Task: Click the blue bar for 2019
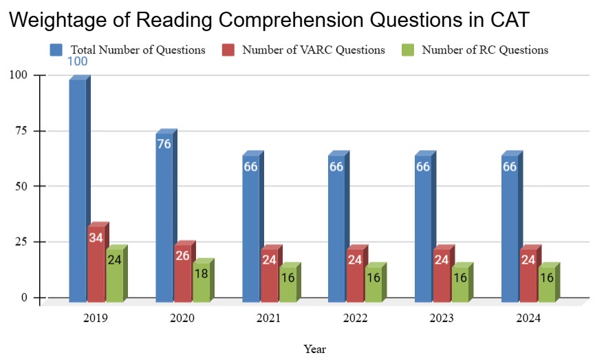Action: (x=78, y=189)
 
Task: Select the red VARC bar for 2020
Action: (x=182, y=273)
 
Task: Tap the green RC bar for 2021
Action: (x=287, y=284)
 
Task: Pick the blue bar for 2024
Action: (x=510, y=227)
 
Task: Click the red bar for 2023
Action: (x=442, y=274)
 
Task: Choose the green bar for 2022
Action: (x=373, y=284)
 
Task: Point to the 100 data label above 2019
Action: (x=77, y=62)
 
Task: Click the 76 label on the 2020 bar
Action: (x=164, y=144)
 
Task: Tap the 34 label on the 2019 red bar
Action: (x=96, y=238)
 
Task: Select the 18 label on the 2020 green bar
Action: (x=200, y=273)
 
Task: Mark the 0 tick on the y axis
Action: (x=24, y=298)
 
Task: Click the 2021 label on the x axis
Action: (x=268, y=318)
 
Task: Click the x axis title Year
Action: (x=315, y=349)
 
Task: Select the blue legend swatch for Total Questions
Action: (x=56, y=50)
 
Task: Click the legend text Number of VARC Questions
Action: (x=313, y=50)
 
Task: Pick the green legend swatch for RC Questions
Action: (x=408, y=50)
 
